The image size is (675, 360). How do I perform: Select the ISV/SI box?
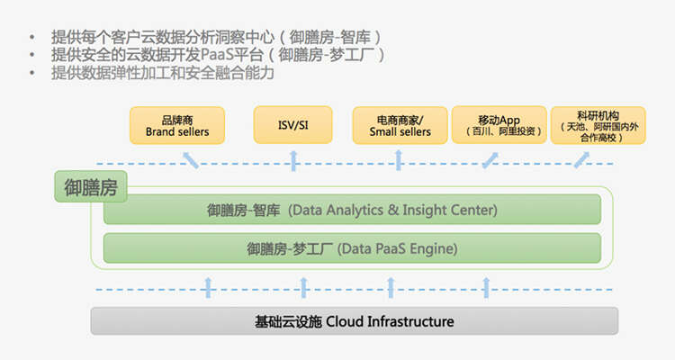pyautogui.click(x=293, y=125)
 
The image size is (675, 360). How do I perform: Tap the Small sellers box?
pyautogui.click(x=400, y=125)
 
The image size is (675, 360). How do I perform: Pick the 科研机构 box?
pyautogui.click(x=588, y=125)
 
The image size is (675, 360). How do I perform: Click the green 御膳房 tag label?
pyautogui.click(x=91, y=187)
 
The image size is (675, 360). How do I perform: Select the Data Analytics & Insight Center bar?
pyautogui.click(x=352, y=210)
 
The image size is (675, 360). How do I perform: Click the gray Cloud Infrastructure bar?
pyautogui.click(x=355, y=320)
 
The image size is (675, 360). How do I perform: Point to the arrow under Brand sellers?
pyautogui.click(x=191, y=160)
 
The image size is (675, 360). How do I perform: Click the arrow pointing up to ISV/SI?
pyautogui.click(x=293, y=160)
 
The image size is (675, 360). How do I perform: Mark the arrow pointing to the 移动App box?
pyautogui.click(x=489, y=160)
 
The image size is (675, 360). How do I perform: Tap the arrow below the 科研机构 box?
pyautogui.click(x=576, y=160)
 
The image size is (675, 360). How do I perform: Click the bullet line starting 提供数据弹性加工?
pyautogui.click(x=162, y=74)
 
